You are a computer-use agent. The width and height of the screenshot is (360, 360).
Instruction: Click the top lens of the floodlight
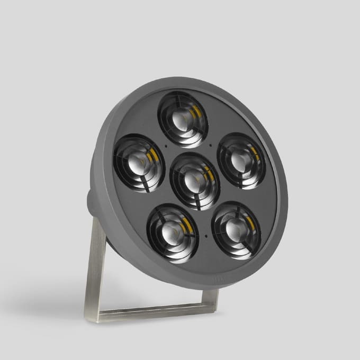coord(183,119)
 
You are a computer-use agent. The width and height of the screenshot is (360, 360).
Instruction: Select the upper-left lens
coord(139,162)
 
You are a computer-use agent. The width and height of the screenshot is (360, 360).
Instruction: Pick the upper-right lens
coord(241,161)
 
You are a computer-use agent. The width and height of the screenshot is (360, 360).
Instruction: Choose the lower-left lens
coord(173,233)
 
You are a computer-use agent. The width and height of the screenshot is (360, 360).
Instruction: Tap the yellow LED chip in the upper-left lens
coord(154,155)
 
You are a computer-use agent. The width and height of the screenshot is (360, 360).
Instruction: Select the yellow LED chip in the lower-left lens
coord(186,227)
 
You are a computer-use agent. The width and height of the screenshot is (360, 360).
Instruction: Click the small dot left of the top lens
coord(166,145)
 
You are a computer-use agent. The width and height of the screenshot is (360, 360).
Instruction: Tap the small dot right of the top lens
coord(211,145)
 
